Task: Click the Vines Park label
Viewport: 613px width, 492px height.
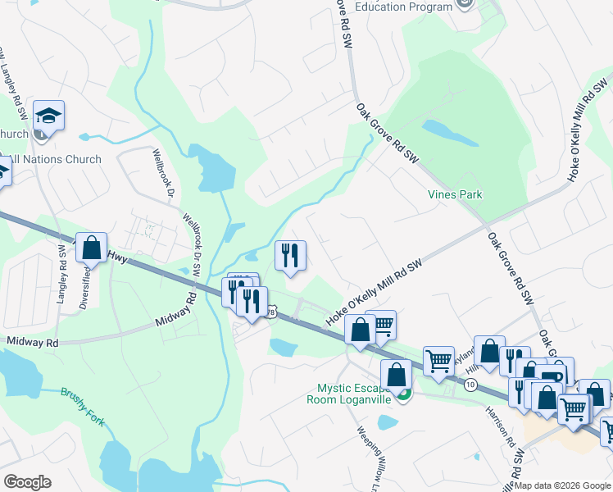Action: pos(455,194)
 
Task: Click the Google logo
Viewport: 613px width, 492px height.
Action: pos(27,482)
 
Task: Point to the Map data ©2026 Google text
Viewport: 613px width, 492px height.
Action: pos(563,485)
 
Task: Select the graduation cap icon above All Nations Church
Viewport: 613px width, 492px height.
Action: pos(49,116)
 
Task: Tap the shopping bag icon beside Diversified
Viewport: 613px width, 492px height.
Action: pos(92,246)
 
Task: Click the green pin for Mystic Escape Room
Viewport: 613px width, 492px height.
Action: pos(402,394)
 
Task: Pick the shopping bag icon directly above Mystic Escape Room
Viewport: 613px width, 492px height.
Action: pos(396,374)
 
